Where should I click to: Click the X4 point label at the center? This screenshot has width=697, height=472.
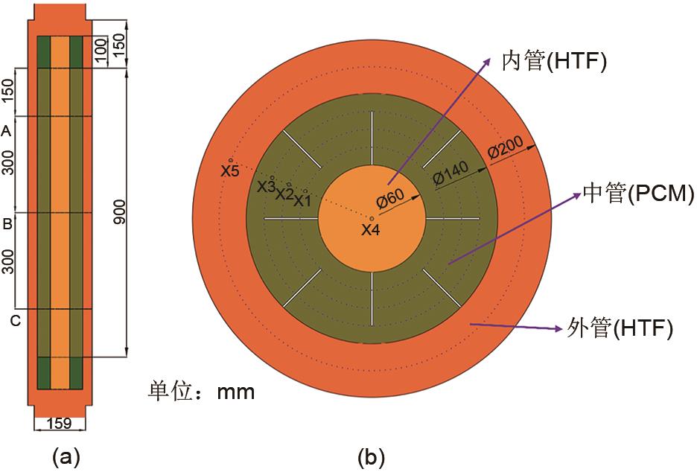tap(370, 230)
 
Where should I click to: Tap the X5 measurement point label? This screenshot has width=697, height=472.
tap(230, 170)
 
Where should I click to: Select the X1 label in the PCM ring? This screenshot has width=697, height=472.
tap(302, 201)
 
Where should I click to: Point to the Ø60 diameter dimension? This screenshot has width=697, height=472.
tap(390, 199)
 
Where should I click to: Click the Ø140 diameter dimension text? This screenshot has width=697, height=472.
tap(451, 173)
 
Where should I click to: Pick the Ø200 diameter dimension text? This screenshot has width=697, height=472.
tap(506, 147)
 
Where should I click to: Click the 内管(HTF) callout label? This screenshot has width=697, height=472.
tap(554, 61)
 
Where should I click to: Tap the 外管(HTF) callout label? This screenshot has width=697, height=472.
tap(620, 329)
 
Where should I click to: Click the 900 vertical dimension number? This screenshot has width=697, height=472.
tap(119, 211)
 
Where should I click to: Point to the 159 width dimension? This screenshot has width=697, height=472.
tap(59, 423)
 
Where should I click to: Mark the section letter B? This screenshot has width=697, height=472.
tap(7, 224)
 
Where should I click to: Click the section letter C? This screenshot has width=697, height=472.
tap(16, 320)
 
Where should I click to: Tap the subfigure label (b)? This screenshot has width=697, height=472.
tap(372, 457)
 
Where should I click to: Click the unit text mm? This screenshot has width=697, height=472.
tap(235, 392)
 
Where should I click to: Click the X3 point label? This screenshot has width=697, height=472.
tap(267, 187)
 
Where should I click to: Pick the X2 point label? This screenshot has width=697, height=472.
tap(284, 194)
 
